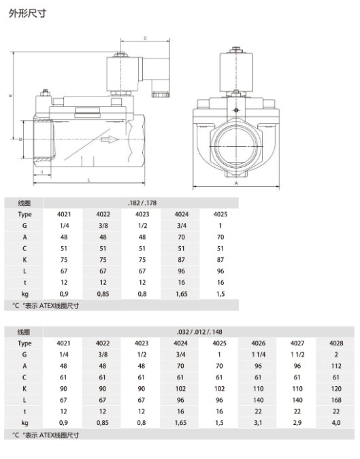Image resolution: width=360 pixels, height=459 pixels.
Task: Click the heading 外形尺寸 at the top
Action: (x=27, y=13)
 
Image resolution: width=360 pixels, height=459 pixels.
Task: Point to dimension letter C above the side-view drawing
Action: (x=145, y=38)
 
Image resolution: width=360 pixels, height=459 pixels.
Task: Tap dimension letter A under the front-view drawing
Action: (x=236, y=183)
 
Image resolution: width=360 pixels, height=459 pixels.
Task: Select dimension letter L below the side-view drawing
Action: (x=89, y=180)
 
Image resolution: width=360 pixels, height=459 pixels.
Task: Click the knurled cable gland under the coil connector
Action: (x=161, y=95)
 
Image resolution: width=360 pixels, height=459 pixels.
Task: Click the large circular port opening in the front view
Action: (x=236, y=146)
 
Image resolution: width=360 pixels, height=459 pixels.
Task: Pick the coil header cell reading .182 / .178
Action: (x=142, y=203)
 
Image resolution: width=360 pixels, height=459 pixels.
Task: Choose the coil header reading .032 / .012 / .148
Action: (x=199, y=332)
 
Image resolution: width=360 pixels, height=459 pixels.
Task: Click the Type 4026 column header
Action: (x=259, y=343)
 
